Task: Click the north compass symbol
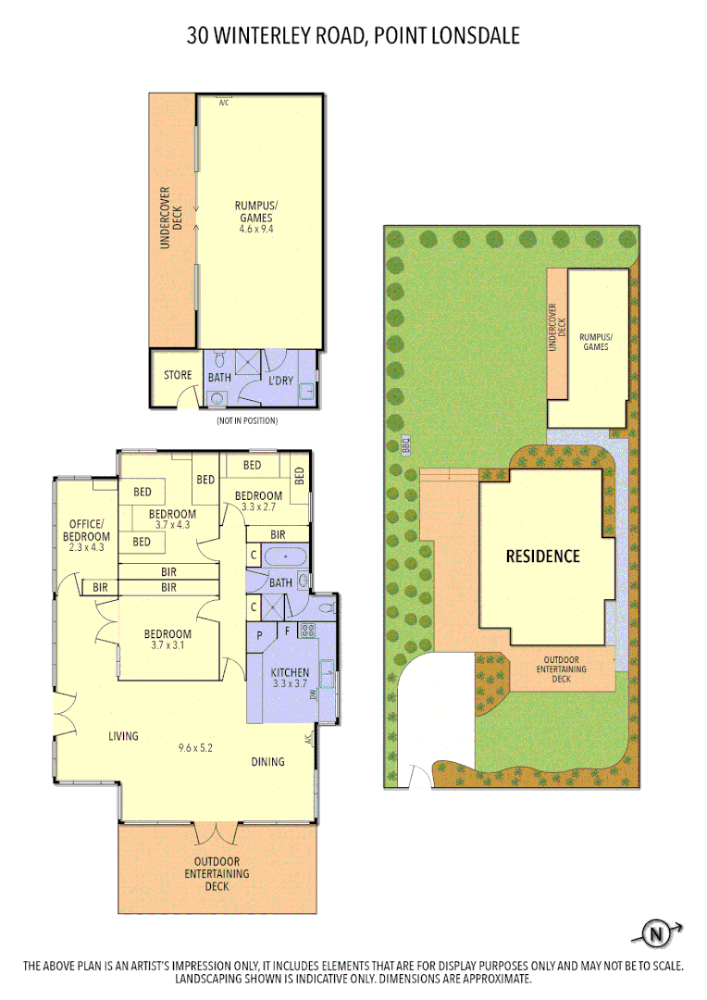tap(657, 933)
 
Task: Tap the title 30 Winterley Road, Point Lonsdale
tap(353, 36)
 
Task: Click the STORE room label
tap(178, 375)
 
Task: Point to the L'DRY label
tap(280, 381)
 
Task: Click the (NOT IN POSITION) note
tap(247, 420)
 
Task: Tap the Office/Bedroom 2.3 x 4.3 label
tap(86, 536)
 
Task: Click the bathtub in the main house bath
tap(288, 556)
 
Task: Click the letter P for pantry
tap(259, 635)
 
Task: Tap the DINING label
tap(268, 762)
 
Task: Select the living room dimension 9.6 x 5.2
tap(195, 748)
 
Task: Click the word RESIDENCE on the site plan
tap(542, 556)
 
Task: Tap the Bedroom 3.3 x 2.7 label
tap(258, 500)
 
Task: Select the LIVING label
tap(123, 736)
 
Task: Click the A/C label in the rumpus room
tap(224, 103)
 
